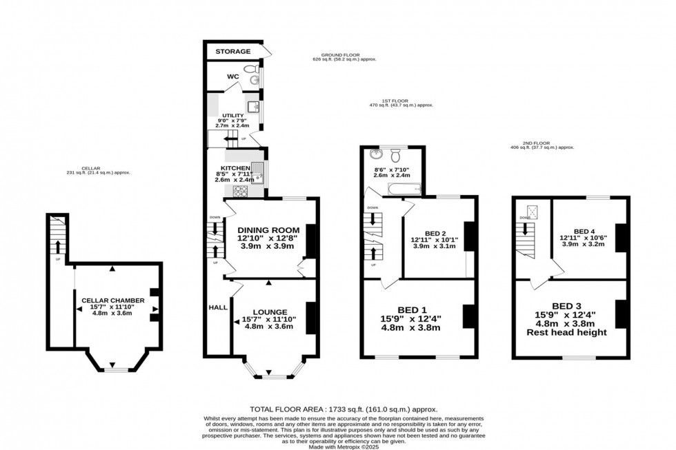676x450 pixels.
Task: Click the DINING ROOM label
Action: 268,229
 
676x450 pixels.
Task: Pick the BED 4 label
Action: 587,232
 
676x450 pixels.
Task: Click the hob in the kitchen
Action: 242,191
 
